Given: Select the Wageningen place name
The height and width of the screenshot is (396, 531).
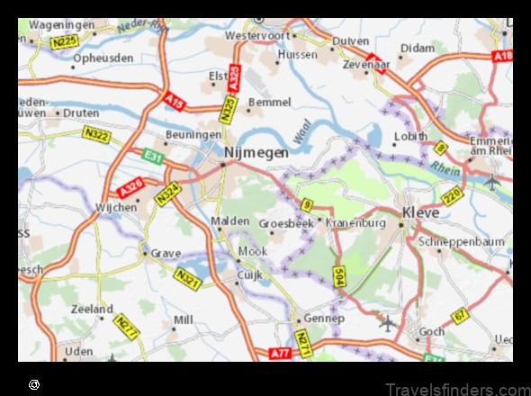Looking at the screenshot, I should (x=61, y=26).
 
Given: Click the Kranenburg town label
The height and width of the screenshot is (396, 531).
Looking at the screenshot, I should (x=355, y=222).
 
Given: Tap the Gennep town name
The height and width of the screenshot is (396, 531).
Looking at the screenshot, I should (x=324, y=319).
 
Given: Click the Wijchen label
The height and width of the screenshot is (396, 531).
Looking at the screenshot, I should (x=116, y=207).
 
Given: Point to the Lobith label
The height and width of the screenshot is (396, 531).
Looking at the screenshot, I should (x=410, y=137).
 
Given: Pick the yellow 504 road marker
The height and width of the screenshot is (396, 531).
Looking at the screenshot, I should (x=338, y=276).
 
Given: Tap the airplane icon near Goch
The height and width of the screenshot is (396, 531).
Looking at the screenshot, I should (x=387, y=321).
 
